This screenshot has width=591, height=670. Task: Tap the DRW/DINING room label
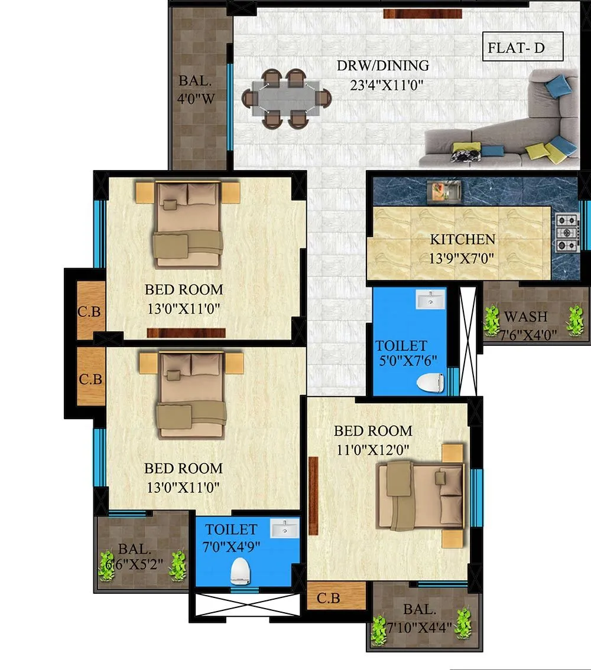pyautogui.click(x=383, y=65)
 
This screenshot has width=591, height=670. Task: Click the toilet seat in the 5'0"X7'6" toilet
pyautogui.click(x=430, y=383)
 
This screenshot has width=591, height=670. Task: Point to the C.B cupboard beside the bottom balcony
pyautogui.click(x=329, y=597)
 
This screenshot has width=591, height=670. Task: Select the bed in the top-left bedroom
pyautogui.click(x=188, y=224)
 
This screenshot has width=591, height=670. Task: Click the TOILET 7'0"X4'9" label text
pyautogui.click(x=231, y=537)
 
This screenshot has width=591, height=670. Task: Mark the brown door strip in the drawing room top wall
pyautogui.click(x=405, y=14)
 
